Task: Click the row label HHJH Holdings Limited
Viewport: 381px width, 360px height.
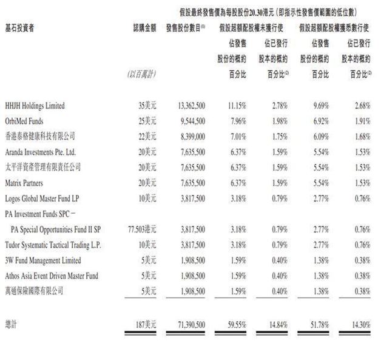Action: (34, 106)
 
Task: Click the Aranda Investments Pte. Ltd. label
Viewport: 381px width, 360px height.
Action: (41, 151)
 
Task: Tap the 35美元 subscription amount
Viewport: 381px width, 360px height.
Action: (147, 106)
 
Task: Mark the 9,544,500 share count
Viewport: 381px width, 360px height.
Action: (190, 121)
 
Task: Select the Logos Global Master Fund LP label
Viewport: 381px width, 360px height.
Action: (43, 197)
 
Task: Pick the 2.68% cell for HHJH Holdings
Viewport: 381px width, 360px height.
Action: (361, 106)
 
